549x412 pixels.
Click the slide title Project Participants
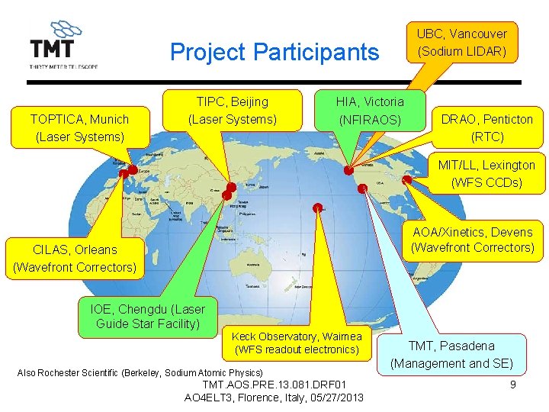[274, 52]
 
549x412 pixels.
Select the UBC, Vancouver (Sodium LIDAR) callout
[461, 43]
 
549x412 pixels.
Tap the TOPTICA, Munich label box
[79, 127]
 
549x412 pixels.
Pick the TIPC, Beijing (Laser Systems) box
[232, 111]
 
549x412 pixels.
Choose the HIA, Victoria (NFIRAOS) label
[370, 111]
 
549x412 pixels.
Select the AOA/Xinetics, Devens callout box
[472, 240]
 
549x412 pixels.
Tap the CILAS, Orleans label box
[75, 258]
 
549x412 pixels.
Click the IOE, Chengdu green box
[148, 317]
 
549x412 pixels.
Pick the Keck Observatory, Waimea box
[297, 343]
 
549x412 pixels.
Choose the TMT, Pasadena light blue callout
[451, 355]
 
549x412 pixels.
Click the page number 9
[512, 385]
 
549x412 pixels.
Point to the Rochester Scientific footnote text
[140, 372]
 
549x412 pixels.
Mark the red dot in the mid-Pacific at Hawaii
[317, 208]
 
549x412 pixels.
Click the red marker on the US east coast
[406, 180]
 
